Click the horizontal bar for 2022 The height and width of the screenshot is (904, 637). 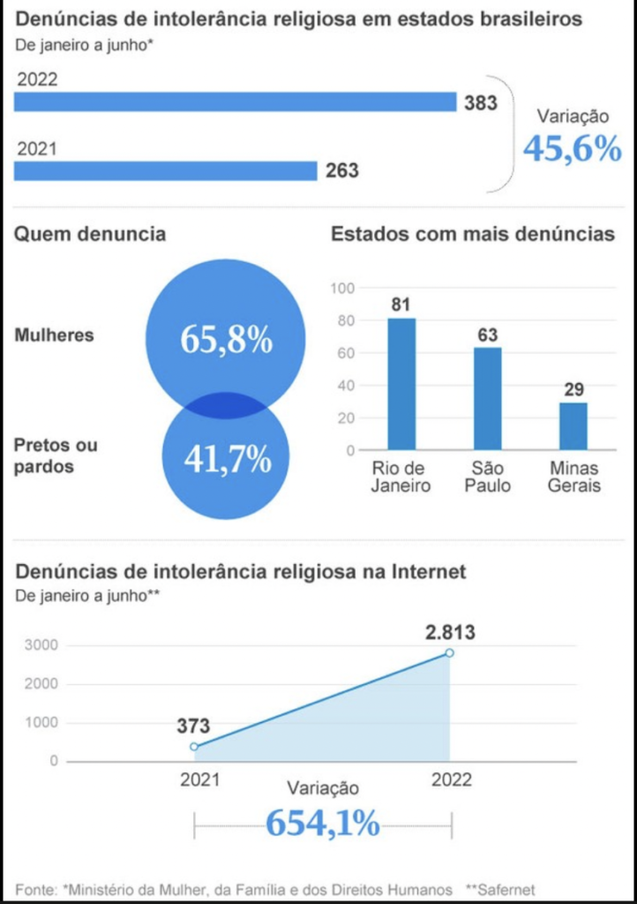pos(235,102)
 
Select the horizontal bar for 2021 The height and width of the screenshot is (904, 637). pos(165,170)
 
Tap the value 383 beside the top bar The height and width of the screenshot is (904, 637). pos(481,102)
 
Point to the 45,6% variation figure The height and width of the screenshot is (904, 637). pos(572,149)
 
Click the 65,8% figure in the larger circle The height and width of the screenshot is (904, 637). pos(226,339)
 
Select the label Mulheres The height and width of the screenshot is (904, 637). pos(54,335)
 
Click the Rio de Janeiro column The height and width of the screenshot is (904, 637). pos(401,384)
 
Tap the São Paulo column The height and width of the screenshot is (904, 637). pos(487,398)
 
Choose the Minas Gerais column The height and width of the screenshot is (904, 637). pos(573,426)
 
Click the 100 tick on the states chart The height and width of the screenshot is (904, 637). pos(343,288)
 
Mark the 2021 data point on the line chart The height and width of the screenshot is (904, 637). pos(194,747)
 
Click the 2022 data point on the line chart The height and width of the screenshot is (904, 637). pos(450,653)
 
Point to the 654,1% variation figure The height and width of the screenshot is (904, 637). pos(323,824)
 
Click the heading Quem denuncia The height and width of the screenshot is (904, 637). pos(90,234)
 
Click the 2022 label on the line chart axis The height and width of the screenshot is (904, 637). pos(451,780)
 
